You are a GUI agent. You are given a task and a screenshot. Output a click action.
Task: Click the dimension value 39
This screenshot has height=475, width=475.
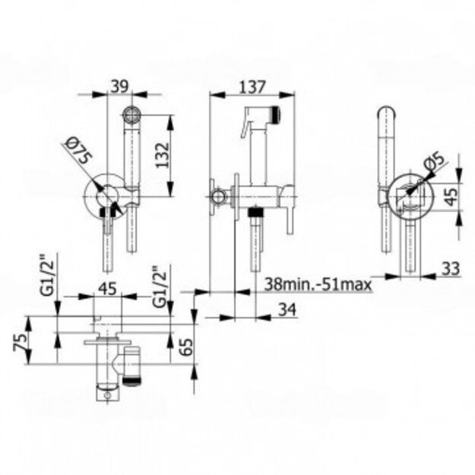(119, 86)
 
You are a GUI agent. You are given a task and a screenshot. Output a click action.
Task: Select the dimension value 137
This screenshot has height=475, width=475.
(252, 87)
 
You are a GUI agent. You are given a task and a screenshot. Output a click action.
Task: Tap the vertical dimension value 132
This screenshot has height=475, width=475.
(163, 155)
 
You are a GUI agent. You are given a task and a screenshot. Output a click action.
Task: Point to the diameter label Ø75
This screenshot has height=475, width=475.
(79, 151)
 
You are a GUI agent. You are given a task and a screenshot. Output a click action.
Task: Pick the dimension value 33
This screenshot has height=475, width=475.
(451, 268)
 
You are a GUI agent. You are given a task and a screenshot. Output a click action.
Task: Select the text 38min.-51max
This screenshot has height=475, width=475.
(318, 284)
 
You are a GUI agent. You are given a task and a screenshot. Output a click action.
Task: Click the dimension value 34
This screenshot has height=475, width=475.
(287, 309)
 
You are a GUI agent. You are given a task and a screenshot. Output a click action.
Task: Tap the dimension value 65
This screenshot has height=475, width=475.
(185, 347)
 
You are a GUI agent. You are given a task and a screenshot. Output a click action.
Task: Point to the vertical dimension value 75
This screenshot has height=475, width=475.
(20, 342)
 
